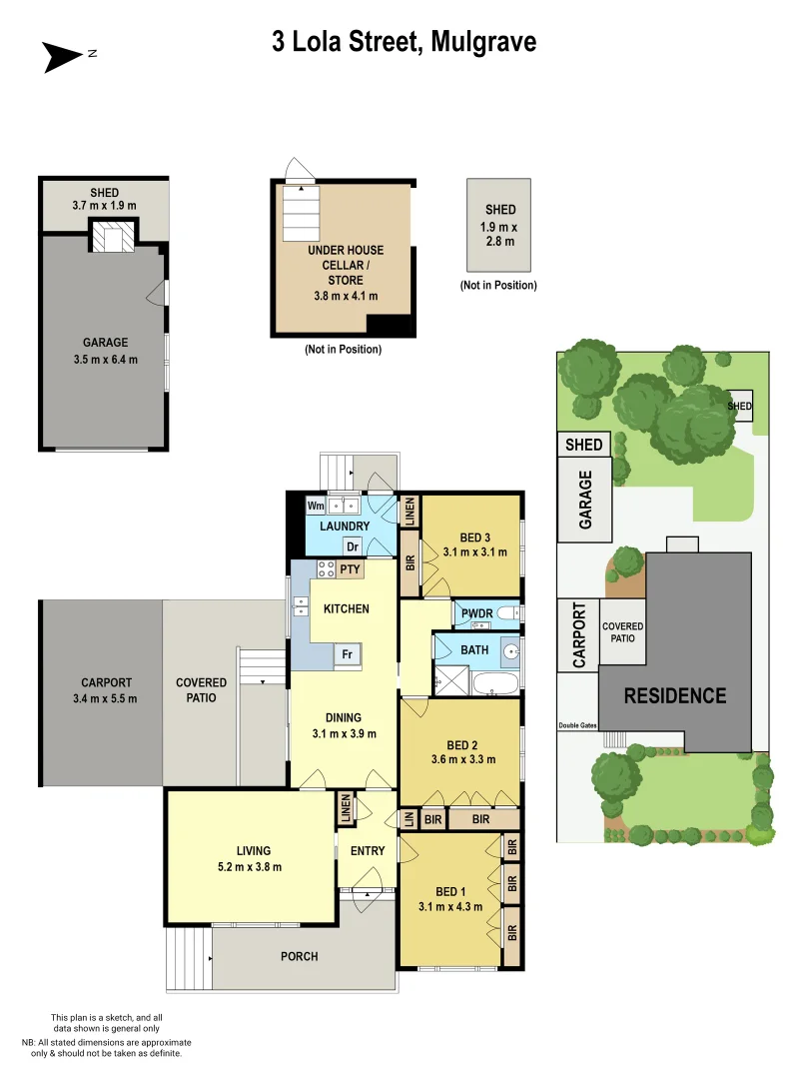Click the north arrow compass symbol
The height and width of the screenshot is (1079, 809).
[62, 57]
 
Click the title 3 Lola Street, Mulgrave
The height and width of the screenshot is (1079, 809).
[404, 42]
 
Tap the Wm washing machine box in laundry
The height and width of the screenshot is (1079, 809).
[316, 506]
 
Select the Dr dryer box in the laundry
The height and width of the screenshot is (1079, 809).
[352, 546]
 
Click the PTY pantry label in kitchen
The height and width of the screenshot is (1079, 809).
[350, 569]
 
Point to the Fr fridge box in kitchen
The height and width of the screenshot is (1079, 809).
[347, 654]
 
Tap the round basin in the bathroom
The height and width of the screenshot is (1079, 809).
[510, 652]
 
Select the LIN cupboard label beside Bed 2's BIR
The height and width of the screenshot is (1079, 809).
[408, 819]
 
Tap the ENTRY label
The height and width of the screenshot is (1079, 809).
[367, 850]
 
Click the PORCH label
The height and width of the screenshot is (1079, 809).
[299, 956]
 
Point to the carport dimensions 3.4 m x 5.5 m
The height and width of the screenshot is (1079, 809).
[105, 698]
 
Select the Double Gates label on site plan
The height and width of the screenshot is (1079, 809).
[576, 726]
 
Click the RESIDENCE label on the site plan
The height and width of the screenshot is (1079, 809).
[675, 695]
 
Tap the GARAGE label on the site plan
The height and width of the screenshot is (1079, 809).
[585, 500]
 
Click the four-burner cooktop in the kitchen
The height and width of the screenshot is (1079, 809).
[326, 569]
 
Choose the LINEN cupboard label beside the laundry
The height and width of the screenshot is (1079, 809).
[409, 513]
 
